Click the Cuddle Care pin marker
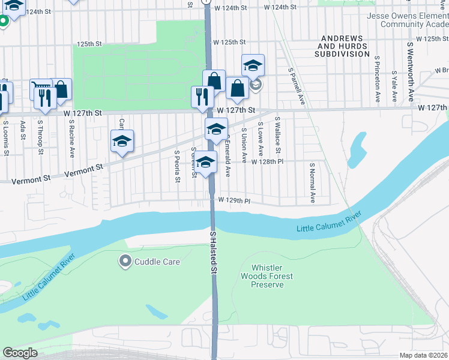(x=125, y=261)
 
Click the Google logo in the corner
(x=20, y=353)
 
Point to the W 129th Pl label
(x=234, y=200)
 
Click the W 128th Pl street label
(x=267, y=162)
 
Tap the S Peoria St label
(x=178, y=167)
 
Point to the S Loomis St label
(x=5, y=138)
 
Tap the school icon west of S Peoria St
(x=122, y=142)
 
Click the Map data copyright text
(x=423, y=355)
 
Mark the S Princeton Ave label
(x=378, y=79)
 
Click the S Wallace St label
(x=278, y=134)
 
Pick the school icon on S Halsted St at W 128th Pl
(x=206, y=163)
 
